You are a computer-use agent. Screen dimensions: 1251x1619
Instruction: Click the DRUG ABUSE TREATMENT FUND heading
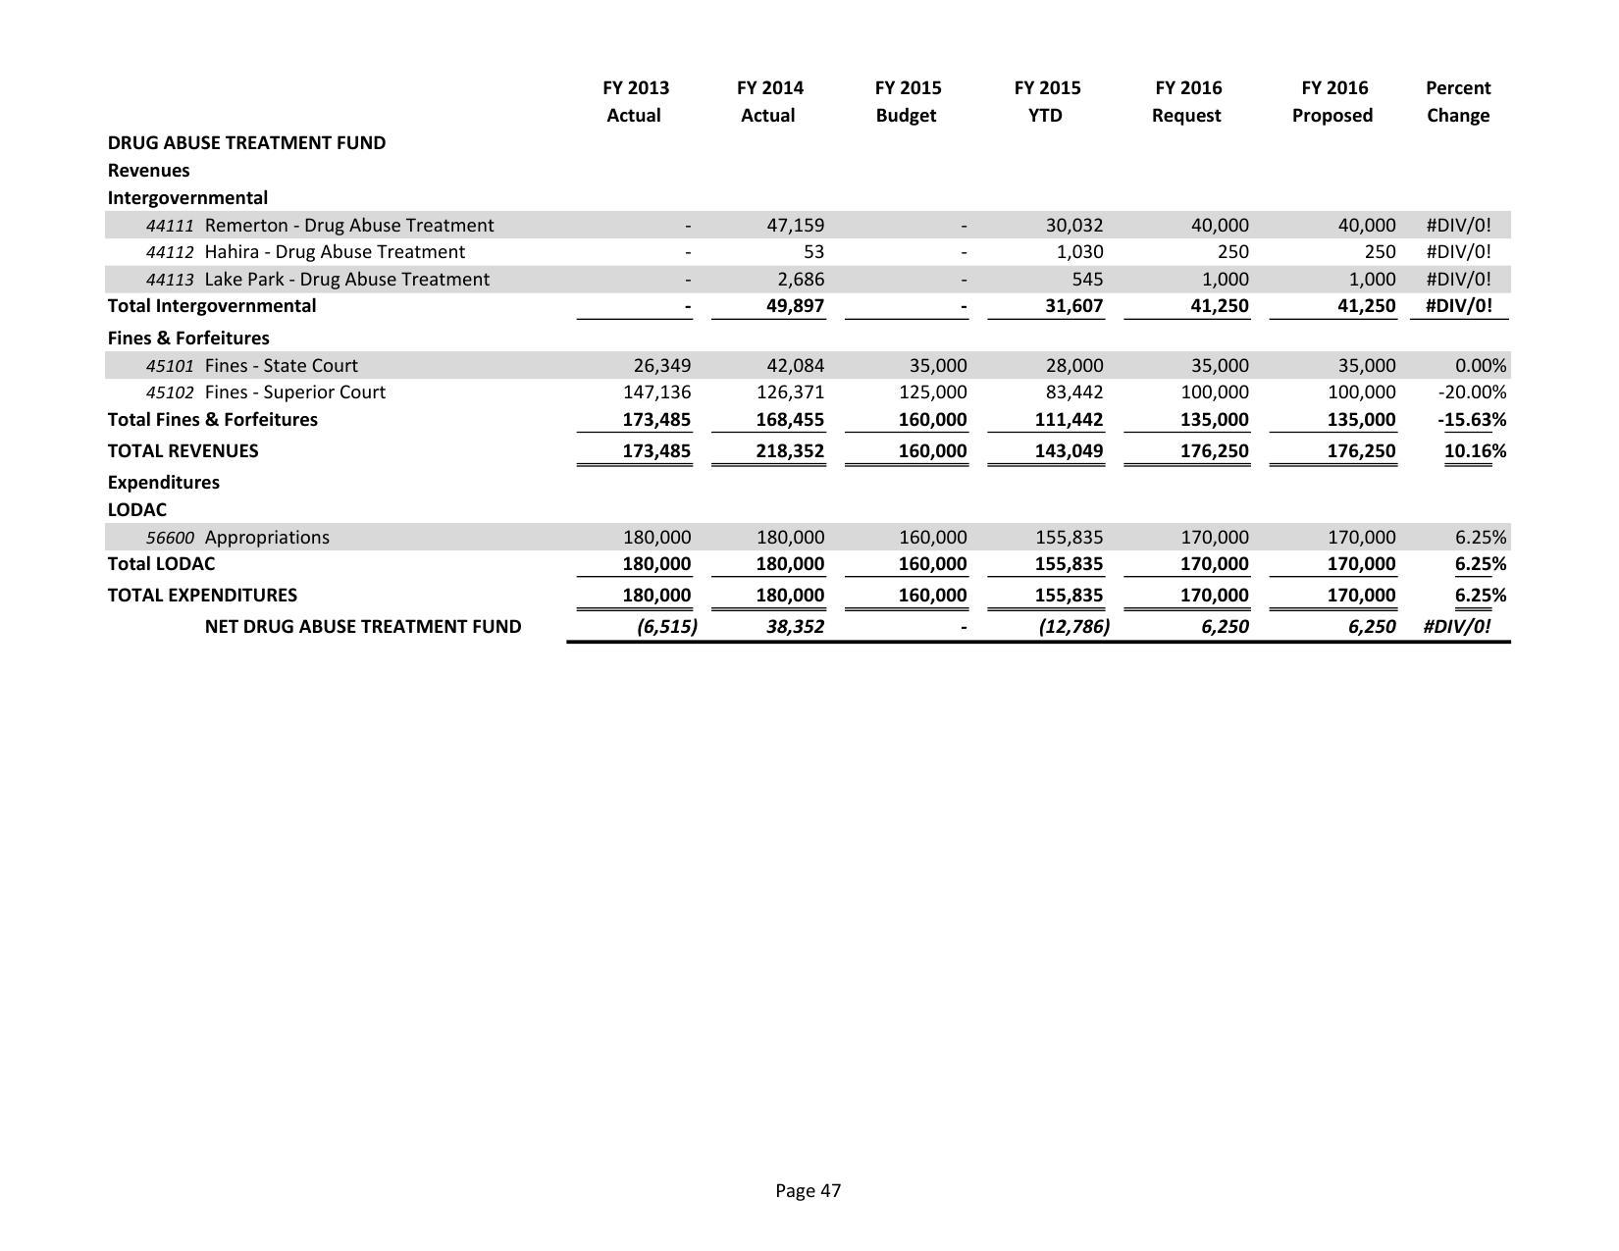click(246, 142)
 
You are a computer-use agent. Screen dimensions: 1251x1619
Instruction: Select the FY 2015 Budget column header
click(907, 102)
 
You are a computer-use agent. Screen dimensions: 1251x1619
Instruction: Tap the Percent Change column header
click(1457, 102)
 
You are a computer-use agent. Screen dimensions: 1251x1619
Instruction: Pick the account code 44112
click(170, 252)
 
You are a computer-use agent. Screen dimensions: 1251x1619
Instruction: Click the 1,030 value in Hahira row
click(1078, 252)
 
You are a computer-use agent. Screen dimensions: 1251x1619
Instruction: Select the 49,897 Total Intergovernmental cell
click(795, 306)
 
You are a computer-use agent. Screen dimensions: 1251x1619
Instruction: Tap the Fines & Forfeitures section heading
click(188, 338)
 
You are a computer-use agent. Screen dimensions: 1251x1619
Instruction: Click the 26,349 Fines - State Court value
click(661, 365)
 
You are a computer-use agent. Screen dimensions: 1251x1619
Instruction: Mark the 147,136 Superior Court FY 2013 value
click(656, 392)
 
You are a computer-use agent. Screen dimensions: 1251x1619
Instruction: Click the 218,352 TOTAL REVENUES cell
click(790, 451)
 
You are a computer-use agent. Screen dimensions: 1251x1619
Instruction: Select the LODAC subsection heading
click(137, 510)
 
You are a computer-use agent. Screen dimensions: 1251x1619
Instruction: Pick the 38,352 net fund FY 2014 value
click(795, 626)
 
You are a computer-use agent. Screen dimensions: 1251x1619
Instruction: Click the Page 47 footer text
click(808, 1191)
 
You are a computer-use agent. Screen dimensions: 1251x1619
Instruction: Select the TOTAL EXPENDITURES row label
click(202, 595)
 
